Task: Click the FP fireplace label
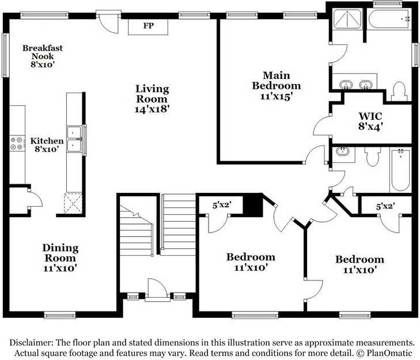(148, 26)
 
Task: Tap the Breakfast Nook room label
(43, 56)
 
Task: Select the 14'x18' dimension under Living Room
(152, 108)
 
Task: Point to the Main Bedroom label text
(276, 81)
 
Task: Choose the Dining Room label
(60, 252)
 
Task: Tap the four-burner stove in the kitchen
(17, 143)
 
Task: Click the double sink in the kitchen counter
(74, 139)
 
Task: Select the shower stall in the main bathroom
(347, 20)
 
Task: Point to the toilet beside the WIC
(399, 90)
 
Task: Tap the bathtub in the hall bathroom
(400, 170)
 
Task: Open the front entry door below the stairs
(156, 290)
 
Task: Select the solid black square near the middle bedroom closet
(252, 206)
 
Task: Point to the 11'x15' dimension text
(276, 97)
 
